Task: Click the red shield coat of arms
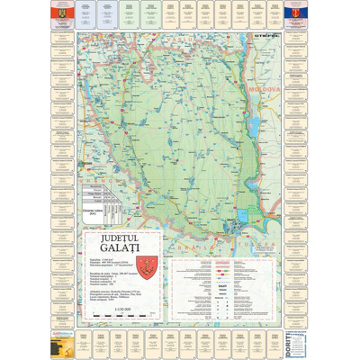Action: tap(124, 263)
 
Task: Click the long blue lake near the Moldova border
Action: tap(255, 126)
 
